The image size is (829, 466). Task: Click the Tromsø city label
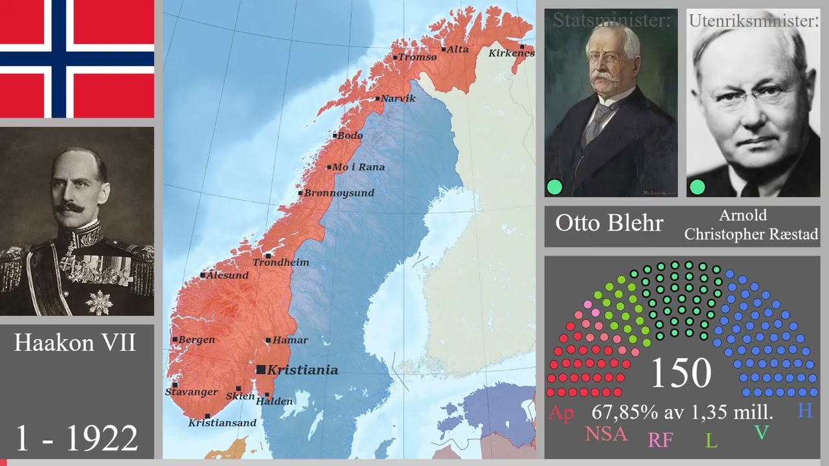click(418, 57)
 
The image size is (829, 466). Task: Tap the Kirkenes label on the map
click(511, 53)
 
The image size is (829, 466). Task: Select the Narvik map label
click(398, 98)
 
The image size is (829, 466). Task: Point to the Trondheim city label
click(280, 263)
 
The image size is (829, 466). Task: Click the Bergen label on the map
click(197, 340)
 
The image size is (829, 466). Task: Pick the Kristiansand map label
click(222, 423)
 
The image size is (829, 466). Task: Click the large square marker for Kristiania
click(260, 370)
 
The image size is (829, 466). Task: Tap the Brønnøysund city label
click(339, 193)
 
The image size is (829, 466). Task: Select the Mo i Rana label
click(358, 167)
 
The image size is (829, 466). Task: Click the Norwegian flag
click(77, 58)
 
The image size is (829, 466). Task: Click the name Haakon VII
click(75, 343)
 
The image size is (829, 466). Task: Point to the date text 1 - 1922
click(76, 438)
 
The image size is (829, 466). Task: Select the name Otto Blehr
click(609, 223)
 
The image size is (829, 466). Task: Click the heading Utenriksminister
click(753, 21)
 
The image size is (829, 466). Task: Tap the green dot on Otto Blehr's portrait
click(554, 187)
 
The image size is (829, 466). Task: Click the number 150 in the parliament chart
click(681, 373)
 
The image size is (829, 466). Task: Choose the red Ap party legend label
click(561, 413)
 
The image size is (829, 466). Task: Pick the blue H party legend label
click(804, 410)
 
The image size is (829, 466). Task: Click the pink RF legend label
click(660, 440)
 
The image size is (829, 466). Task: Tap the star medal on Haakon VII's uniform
click(98, 302)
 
